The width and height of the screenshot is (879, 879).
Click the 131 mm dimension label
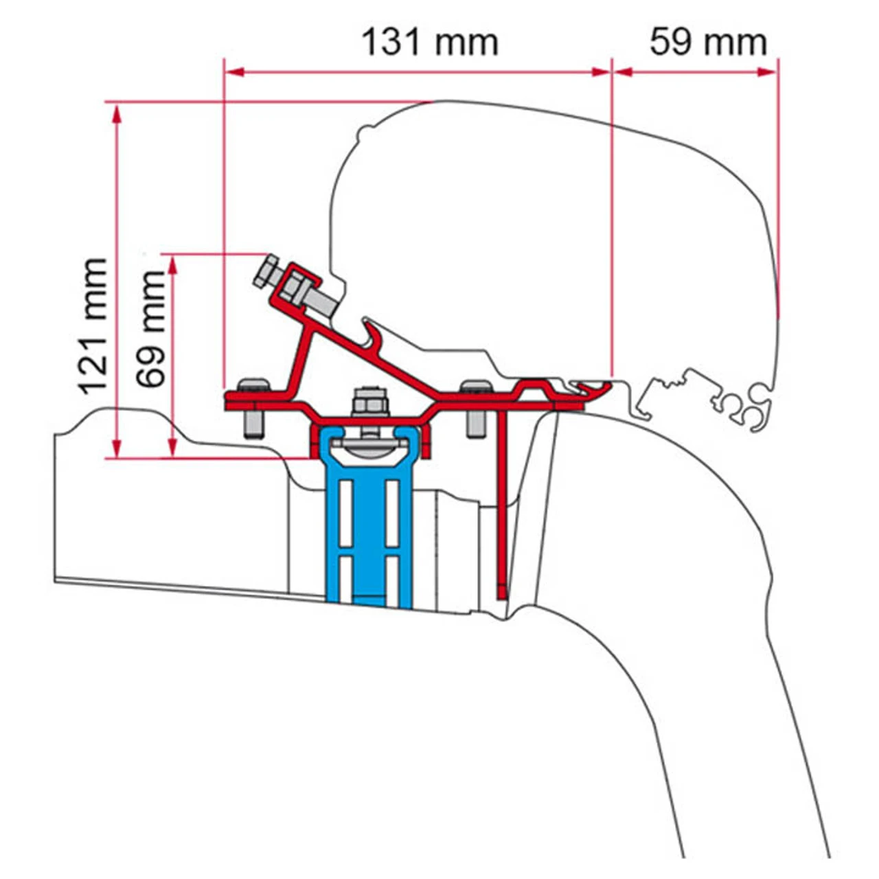click(430, 42)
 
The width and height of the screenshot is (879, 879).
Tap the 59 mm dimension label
click(708, 42)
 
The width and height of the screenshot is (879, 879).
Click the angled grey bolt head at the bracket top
click(266, 271)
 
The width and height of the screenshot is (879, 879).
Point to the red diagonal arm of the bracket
click(385, 364)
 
